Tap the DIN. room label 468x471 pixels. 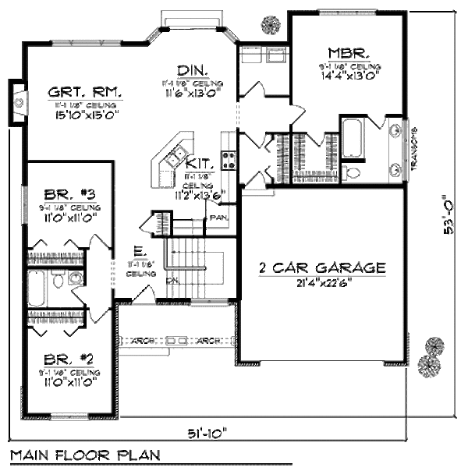coord(190,69)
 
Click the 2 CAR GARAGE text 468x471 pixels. coord(322,267)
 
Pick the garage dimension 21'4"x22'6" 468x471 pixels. coord(322,282)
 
